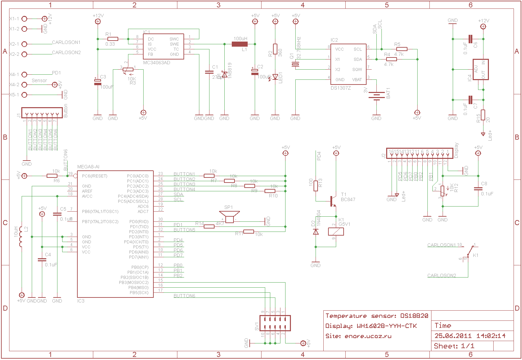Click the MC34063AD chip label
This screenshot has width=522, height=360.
156,63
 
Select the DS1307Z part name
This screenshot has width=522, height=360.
341,88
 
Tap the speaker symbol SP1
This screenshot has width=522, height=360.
229,217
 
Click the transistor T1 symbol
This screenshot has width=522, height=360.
333,201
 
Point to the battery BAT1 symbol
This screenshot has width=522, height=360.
376,96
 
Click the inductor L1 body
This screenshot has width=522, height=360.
240,44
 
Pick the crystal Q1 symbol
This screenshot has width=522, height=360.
296,65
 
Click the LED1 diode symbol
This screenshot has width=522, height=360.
275,77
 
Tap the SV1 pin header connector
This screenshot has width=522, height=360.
275,323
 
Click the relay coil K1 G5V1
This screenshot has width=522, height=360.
336,232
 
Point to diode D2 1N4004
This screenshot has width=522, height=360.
316,232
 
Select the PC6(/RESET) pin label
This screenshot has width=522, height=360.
95,176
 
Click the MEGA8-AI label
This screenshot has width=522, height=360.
88,167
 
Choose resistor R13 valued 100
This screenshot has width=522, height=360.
316,186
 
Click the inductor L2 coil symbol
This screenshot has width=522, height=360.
21,237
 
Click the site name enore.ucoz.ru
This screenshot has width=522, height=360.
368,336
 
